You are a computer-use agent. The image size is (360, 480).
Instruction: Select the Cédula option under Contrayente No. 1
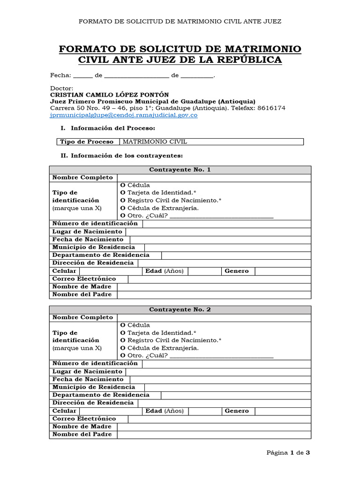tap(123, 185)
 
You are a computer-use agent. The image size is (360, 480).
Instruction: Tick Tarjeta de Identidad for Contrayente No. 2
tap(123, 333)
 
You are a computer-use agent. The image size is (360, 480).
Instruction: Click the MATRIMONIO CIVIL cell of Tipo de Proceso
tap(212, 142)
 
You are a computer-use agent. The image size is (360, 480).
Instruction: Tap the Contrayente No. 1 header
tap(180, 170)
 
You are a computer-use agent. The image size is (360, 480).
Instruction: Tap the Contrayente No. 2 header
tap(180, 310)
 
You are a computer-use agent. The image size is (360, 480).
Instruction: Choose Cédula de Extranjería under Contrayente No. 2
tap(123, 348)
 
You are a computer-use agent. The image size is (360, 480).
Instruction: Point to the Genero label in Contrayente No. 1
tap(237, 271)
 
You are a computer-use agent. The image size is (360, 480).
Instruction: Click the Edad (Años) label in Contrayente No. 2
tap(165, 411)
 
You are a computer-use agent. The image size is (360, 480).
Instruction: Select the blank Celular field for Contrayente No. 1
tap(111, 271)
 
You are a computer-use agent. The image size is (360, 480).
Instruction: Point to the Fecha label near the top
tap(60, 75)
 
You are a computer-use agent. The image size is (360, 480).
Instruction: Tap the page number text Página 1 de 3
tap(288, 453)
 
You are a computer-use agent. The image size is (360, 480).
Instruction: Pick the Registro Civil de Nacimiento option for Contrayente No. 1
tap(123, 200)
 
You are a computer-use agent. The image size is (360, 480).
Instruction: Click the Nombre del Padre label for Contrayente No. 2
tap(82, 435)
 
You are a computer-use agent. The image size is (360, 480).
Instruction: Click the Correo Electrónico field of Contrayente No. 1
tap(219, 279)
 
